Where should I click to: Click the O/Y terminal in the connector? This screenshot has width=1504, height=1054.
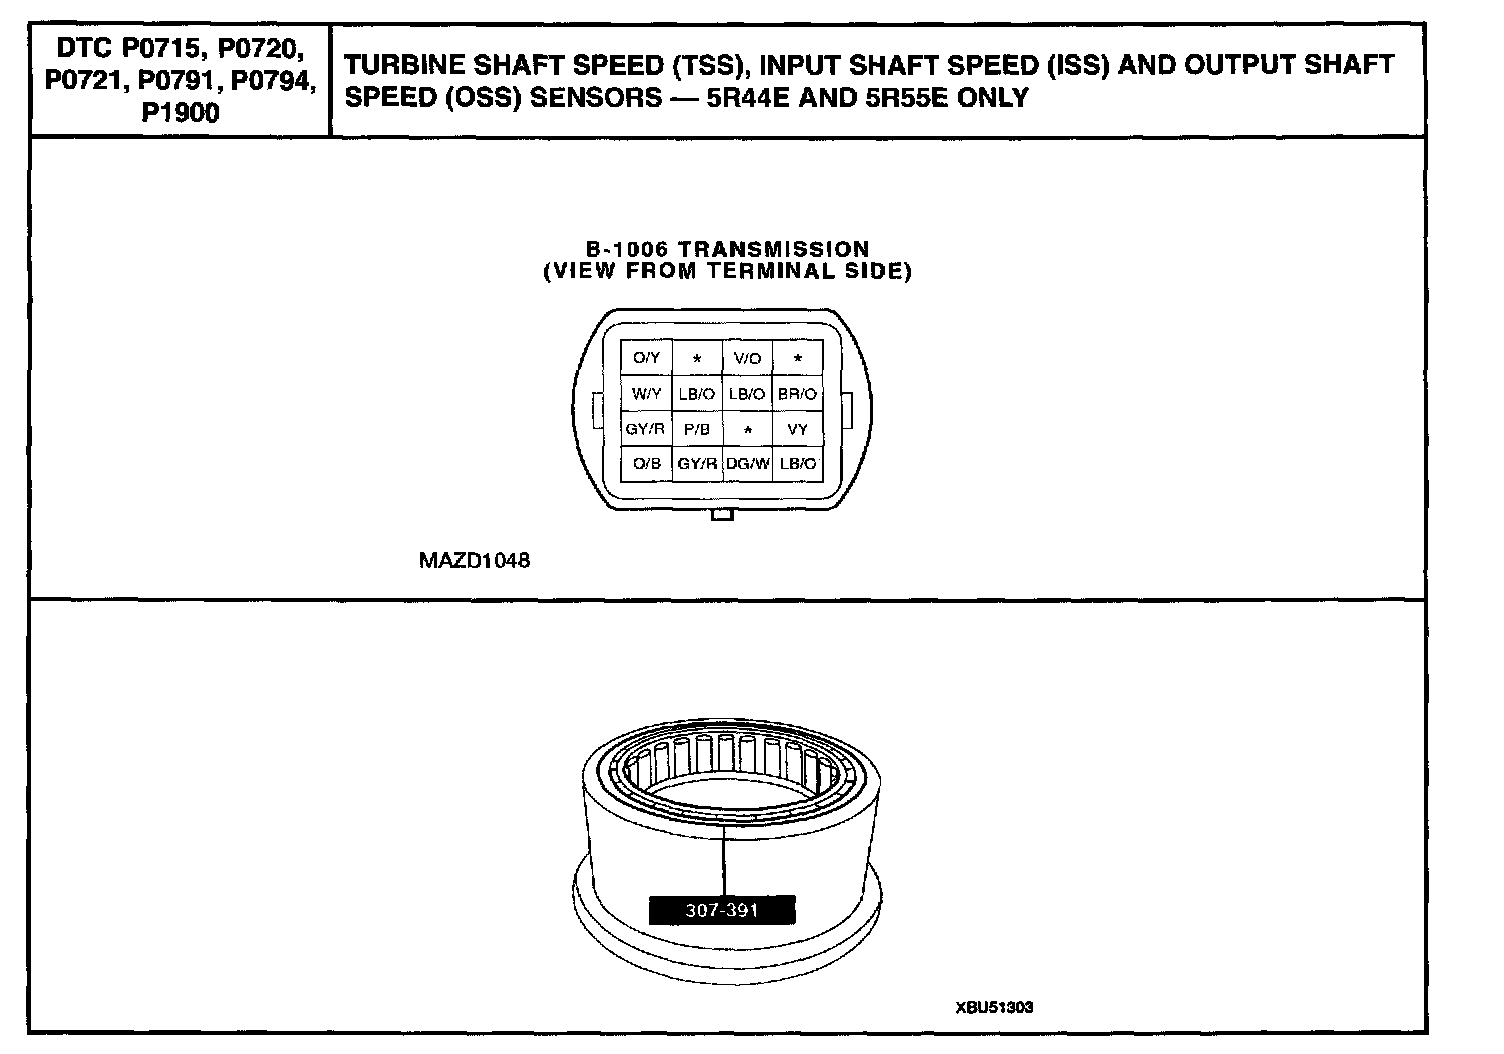coord(647,358)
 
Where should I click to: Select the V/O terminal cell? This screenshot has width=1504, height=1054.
coord(747,358)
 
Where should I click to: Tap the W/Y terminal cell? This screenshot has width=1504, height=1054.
coord(647,394)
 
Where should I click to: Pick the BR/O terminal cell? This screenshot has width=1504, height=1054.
coord(797,394)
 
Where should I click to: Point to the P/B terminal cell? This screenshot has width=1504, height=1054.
coord(697,429)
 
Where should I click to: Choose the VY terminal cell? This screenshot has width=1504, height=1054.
coord(797,429)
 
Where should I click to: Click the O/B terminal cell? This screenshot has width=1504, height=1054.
coord(647,464)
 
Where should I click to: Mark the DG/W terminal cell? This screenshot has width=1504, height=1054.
coord(747,464)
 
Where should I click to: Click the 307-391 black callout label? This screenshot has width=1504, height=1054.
coord(722,911)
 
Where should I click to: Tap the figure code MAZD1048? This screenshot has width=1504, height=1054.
coord(474,561)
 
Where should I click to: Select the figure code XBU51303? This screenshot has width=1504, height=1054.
coord(994,1008)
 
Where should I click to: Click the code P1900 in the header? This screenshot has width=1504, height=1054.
coord(180,113)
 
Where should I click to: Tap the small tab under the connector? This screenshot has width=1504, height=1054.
coord(722,515)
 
